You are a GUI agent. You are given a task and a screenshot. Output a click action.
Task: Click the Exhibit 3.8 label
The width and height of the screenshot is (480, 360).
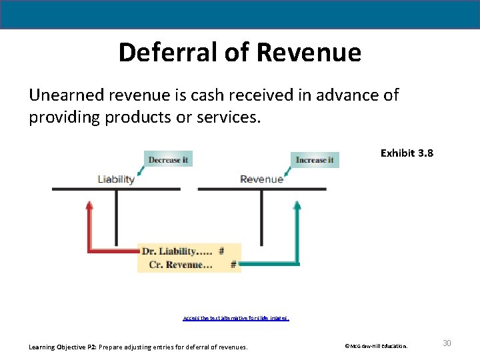[407, 153]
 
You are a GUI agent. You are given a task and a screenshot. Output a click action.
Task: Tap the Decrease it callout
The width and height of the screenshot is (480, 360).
[168, 160]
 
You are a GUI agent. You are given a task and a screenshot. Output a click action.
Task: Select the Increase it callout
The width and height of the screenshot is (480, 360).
[315, 160]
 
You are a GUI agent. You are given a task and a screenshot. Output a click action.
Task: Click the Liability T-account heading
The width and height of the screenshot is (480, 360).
[116, 179]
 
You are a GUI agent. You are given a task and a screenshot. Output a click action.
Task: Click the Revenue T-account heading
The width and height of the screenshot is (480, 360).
[261, 179]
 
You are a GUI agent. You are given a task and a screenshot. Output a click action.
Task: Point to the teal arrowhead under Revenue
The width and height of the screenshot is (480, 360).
[297, 205]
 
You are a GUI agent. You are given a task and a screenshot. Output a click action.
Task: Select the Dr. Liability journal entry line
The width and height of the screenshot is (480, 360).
[182, 251]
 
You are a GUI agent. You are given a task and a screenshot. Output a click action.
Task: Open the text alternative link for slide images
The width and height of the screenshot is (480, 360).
[235, 318]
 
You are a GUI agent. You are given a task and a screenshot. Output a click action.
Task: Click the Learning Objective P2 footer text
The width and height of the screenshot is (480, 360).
[138, 347]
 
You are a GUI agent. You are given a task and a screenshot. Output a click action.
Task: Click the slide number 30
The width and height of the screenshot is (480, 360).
[447, 343]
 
